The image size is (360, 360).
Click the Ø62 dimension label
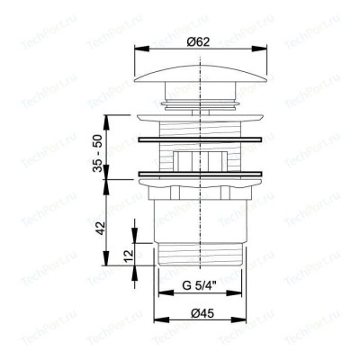(x=198, y=41)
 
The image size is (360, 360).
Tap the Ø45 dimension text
(x=202, y=314)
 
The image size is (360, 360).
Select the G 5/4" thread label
(x=200, y=285)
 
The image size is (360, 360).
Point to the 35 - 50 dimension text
(x=97, y=153)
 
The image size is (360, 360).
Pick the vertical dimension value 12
(x=129, y=256)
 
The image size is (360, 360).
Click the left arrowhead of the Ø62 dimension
(x=142, y=49)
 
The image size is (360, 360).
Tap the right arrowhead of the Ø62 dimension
(x=259, y=49)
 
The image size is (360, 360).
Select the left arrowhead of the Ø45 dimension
(x=161, y=320)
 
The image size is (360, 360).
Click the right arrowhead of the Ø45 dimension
(x=238, y=320)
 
